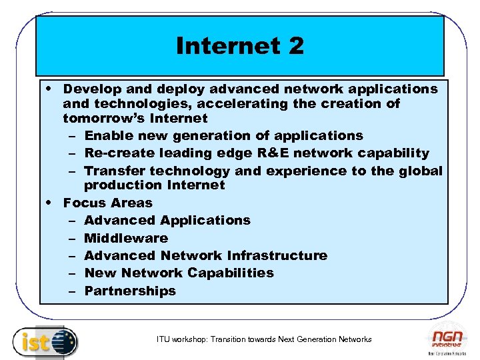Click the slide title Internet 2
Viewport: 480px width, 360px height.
(x=240, y=46)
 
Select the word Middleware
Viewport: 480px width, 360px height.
(x=126, y=238)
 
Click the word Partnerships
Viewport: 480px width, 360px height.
(x=130, y=291)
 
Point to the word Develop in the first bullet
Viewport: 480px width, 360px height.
(x=92, y=89)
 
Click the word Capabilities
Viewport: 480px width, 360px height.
(x=231, y=273)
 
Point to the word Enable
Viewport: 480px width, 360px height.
(x=107, y=135)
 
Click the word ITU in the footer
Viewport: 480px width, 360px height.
(x=163, y=339)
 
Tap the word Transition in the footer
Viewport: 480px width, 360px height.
(x=229, y=339)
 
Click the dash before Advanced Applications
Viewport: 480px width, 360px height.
(x=71, y=221)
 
